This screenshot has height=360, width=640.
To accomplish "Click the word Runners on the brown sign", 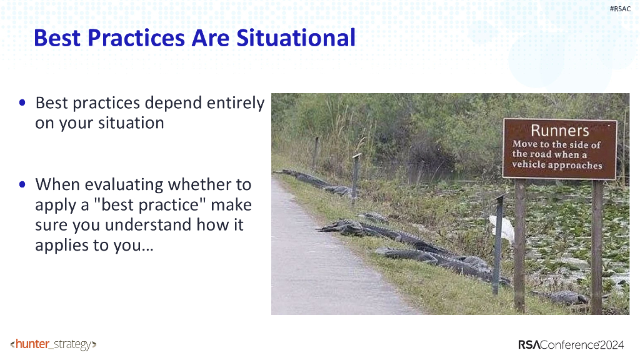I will pos(559,131).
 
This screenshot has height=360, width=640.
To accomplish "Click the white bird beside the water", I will pos(503,228).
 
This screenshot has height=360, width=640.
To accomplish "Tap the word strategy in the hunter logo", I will pos(72,345).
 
